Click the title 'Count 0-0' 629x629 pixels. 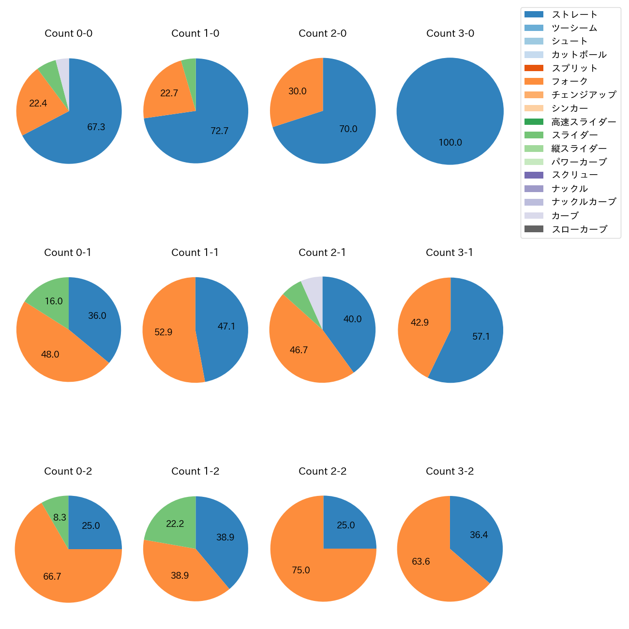click(69, 33)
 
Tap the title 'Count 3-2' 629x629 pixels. click(449, 471)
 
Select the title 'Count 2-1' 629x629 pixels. click(322, 253)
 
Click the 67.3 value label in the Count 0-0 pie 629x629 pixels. click(96, 127)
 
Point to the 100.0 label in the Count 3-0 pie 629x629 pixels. click(450, 143)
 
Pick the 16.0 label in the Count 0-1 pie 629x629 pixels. click(54, 301)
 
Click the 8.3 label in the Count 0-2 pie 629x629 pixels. click(60, 518)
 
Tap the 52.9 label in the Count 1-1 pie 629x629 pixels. click(164, 332)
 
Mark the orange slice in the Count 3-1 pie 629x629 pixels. click(419, 324)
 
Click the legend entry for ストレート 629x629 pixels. click(574, 15)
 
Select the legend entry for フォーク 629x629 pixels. click(569, 81)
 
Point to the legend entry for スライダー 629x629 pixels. click(574, 135)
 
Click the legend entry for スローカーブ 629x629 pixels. click(579, 229)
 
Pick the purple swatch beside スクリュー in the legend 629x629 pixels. click(534, 175)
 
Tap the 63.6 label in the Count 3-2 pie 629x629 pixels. click(421, 562)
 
